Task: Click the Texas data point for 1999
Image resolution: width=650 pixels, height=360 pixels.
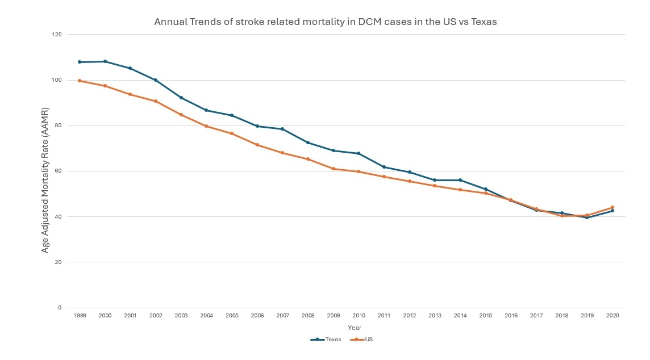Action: [x=80, y=62]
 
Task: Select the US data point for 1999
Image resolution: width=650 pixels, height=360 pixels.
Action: [x=80, y=81]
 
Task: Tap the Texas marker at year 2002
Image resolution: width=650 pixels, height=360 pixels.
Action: [x=156, y=80]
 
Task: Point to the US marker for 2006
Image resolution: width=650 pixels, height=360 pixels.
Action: [x=257, y=145]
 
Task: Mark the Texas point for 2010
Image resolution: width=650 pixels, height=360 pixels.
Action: [x=359, y=153]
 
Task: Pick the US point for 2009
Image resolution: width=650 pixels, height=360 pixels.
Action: [x=334, y=169]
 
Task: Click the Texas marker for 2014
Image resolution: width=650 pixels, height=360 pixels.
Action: [x=460, y=180]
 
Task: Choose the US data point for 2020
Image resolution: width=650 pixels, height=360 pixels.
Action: [x=612, y=207]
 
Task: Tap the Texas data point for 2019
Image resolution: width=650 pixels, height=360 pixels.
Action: [x=587, y=217]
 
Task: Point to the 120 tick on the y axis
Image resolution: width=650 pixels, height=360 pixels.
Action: [x=57, y=35]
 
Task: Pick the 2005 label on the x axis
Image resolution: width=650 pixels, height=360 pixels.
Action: [x=232, y=315]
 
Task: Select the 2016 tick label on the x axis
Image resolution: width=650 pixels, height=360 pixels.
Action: [x=511, y=315]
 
